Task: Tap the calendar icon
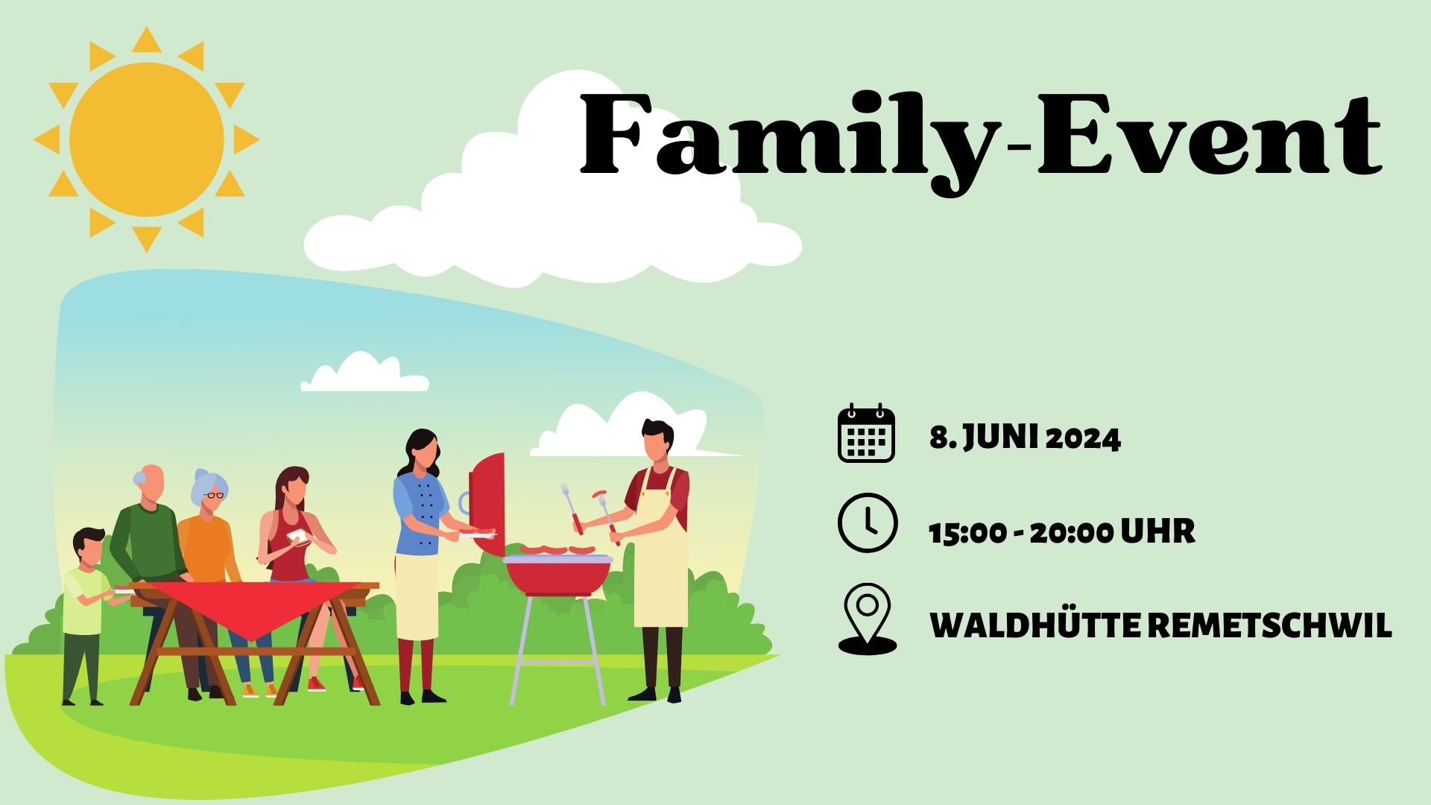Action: (x=866, y=433)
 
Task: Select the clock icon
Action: (x=868, y=523)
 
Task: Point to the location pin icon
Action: (x=868, y=618)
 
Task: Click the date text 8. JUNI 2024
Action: (x=1025, y=438)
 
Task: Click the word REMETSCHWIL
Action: (x=1269, y=626)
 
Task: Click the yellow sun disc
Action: (x=147, y=139)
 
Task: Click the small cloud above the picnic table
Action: (x=364, y=373)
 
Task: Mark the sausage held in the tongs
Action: (x=600, y=494)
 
